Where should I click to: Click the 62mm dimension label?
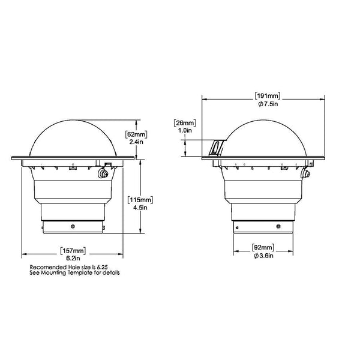(136, 134)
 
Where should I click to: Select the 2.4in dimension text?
(136, 142)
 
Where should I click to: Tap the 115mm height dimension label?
(140, 200)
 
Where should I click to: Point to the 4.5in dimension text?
(140, 208)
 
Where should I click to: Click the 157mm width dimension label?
(73, 251)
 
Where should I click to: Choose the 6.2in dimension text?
(73, 258)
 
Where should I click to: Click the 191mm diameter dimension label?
(268, 96)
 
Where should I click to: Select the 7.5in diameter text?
(268, 104)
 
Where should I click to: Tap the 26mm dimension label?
(185, 123)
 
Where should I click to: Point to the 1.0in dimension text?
(185, 130)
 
